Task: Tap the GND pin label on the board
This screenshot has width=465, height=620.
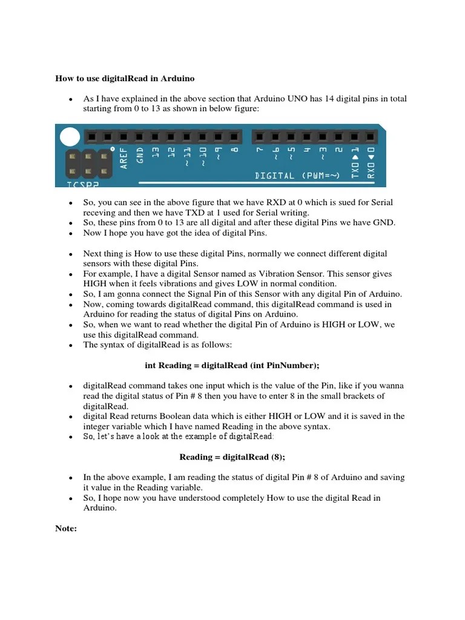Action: pyautogui.click(x=140, y=156)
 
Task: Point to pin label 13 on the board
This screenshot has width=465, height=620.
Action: pyautogui.click(x=156, y=153)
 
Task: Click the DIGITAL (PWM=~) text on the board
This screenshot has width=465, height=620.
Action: pyautogui.click(x=298, y=176)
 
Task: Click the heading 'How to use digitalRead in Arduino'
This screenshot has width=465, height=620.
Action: pyautogui.click(x=125, y=78)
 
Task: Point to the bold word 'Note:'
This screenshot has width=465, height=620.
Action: pyautogui.click(x=66, y=529)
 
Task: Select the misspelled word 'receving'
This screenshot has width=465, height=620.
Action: pyautogui.click(x=99, y=213)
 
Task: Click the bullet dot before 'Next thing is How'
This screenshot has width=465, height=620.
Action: pyautogui.click(x=71, y=254)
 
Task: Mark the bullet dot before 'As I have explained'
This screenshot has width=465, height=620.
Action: pyautogui.click(x=71, y=99)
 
